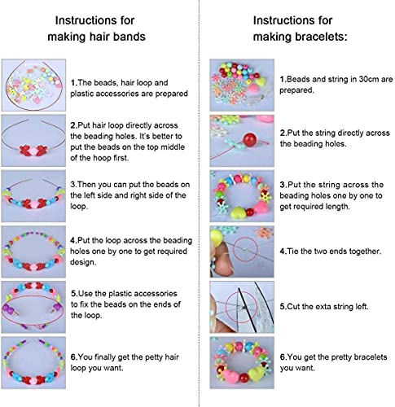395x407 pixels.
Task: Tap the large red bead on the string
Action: [250, 140]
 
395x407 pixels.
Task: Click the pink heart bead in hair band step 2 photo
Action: [33, 150]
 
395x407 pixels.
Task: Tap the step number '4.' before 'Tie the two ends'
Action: [283, 252]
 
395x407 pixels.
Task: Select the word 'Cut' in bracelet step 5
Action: [294, 307]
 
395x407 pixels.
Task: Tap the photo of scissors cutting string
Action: [242, 307]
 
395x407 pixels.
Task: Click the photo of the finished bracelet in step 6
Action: [242, 362]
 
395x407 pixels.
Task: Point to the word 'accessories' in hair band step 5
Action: [156, 294]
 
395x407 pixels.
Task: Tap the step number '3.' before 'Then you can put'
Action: [73, 185]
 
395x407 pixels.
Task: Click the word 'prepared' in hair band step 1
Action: [172, 94]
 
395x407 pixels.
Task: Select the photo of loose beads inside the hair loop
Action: [33, 85]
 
